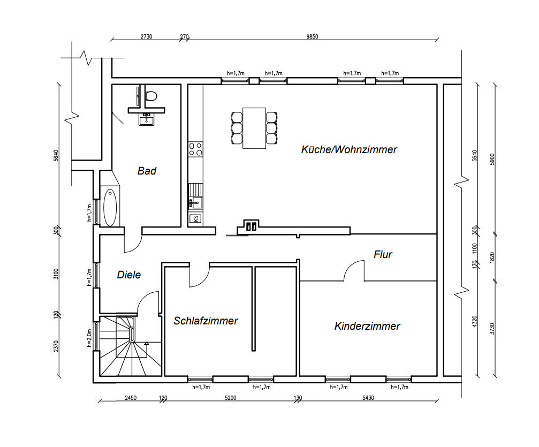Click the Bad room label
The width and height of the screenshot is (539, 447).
click(147, 171)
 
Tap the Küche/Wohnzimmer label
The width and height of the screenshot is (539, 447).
click(349, 149)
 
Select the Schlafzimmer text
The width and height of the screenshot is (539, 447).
click(206, 321)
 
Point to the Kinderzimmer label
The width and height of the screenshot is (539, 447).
click(367, 326)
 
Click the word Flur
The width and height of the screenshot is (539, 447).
click(383, 254)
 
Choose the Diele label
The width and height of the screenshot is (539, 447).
click(129, 275)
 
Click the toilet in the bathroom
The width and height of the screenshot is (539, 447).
click(151, 95)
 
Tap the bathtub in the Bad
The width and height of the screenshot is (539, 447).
click(110, 207)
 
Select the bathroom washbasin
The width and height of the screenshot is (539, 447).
click(147, 119)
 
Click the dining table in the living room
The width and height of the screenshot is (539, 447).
click(254, 128)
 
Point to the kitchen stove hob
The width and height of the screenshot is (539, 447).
click(195, 149)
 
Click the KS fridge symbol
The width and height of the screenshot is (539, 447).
click(195, 218)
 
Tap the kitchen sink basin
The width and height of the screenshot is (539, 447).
click(196, 202)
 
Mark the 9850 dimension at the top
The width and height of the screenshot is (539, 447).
click(312, 36)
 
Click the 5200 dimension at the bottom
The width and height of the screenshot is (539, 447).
click(230, 398)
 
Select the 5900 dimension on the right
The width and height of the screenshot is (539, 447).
click(492, 159)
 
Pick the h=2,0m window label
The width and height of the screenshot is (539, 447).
click(89, 338)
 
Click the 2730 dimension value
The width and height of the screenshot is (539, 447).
click(147, 36)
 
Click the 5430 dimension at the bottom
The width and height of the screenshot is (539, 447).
click(368, 398)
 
